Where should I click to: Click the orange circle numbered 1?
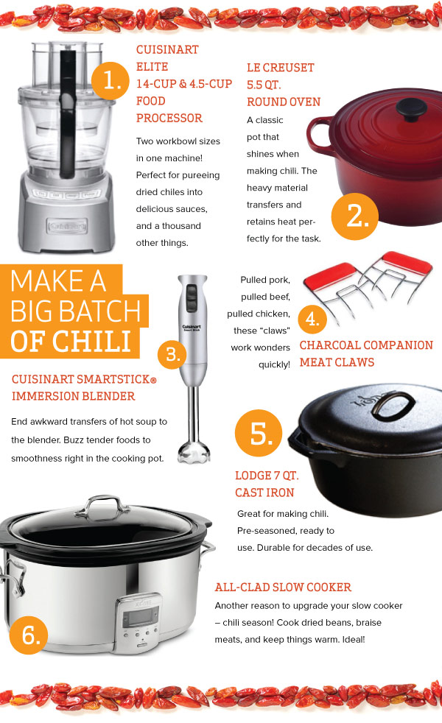coord(110,80)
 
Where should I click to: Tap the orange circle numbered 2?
coord(355,216)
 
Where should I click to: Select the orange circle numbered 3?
coord(172,355)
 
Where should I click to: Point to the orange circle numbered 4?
coord(312,319)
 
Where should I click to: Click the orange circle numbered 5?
coord(259,433)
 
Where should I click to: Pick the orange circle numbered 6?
coord(28,635)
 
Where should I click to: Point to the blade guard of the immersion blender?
coord(194,451)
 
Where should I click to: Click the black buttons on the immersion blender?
coord(191,298)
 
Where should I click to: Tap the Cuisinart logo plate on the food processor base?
coord(67,226)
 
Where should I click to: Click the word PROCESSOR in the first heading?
coord(169,118)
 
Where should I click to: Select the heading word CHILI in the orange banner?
coord(92,342)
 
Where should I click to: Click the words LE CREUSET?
coord(281,68)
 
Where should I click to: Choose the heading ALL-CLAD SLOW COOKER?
coord(283,587)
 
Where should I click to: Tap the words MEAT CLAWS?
coord(337,362)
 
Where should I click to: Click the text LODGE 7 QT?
coord(267,476)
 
